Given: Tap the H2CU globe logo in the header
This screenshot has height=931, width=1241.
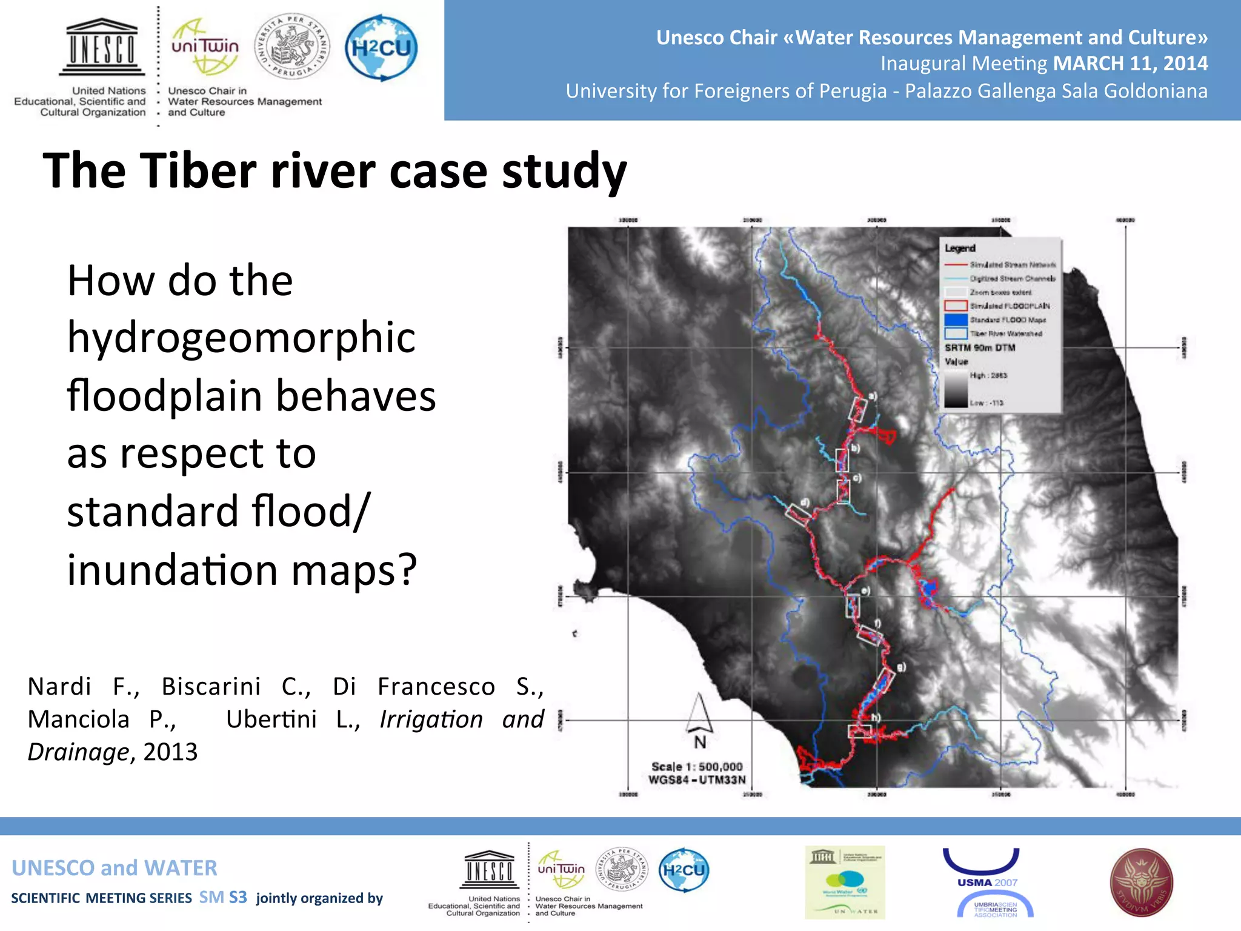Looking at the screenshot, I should pyautogui.click(x=381, y=48).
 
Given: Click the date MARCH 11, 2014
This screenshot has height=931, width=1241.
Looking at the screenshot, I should pyautogui.click(x=1130, y=63).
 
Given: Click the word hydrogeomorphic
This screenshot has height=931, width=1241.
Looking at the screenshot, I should pyautogui.click(x=241, y=337).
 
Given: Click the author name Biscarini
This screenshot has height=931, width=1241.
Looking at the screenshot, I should pyautogui.click(x=211, y=687).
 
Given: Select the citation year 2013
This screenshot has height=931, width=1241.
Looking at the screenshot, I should pyautogui.click(x=170, y=752).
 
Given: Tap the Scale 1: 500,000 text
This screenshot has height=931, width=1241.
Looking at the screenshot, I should pyautogui.click(x=697, y=767).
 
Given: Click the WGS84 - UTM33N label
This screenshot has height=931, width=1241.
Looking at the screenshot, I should pyautogui.click(x=697, y=780).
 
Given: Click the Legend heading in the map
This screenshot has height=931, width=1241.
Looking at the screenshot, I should pyautogui.click(x=960, y=249).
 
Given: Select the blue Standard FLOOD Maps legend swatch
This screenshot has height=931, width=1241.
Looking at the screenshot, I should pyautogui.click(x=956, y=319).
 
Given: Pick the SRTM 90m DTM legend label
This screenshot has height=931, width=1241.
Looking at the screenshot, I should pyautogui.click(x=980, y=348).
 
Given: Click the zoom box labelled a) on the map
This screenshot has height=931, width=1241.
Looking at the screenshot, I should pyautogui.click(x=857, y=409).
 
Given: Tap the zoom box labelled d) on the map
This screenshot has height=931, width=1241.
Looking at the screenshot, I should pyautogui.click(x=797, y=514).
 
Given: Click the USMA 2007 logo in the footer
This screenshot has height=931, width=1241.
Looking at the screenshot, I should pyautogui.click(x=988, y=883).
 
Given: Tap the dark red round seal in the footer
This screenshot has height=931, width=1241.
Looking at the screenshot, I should pyautogui.click(x=1141, y=883).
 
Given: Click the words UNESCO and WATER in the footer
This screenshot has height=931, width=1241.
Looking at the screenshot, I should pyautogui.click(x=115, y=868).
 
